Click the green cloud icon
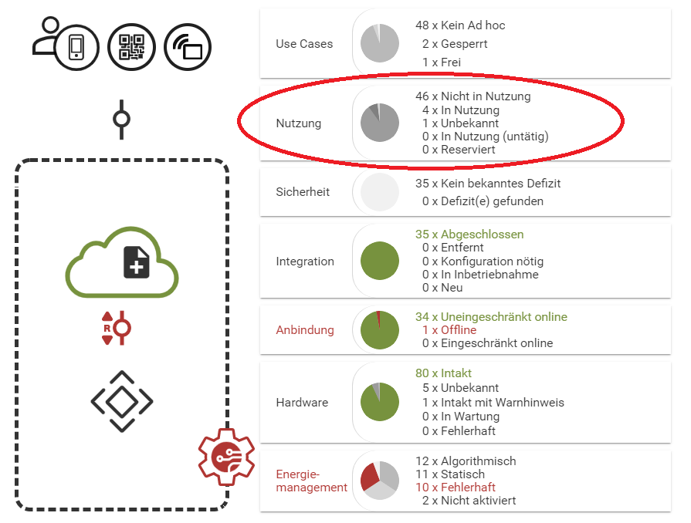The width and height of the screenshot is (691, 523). [122, 262]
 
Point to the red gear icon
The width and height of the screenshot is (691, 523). [225, 457]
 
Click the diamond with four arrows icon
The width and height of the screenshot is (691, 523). [122, 401]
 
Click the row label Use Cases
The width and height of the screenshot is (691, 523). [304, 44]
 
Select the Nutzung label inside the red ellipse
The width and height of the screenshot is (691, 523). [299, 123]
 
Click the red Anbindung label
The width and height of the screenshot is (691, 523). [305, 330]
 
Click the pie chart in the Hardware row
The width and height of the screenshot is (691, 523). [380, 403]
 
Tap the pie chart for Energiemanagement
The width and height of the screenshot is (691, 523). [380, 481]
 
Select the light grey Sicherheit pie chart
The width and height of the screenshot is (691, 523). [380, 192]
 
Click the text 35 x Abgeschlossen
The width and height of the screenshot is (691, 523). [469, 235]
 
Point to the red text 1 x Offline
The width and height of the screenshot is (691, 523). [449, 330]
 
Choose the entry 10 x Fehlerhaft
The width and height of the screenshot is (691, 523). [456, 488]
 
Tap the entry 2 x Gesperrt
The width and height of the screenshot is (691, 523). [455, 44]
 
